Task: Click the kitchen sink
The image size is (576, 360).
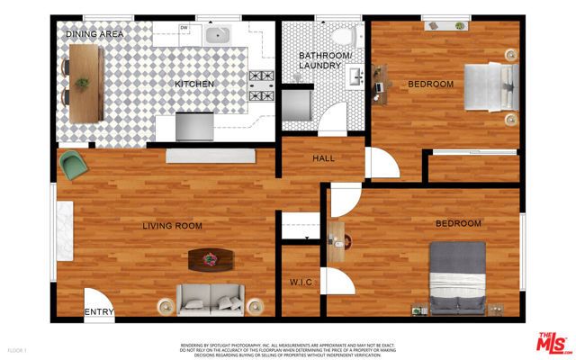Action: (x=216, y=35)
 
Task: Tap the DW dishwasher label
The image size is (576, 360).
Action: (x=184, y=28)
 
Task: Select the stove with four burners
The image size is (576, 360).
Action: (x=261, y=85)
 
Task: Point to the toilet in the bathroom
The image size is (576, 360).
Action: (x=340, y=35)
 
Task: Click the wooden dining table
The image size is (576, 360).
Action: (x=84, y=79)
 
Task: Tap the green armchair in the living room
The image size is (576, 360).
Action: (x=72, y=165)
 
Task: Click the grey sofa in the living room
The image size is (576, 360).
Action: (x=209, y=298)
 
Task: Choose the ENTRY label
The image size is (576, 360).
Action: (x=99, y=312)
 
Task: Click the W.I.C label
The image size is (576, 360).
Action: (x=301, y=283)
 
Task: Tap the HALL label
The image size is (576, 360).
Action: (x=323, y=158)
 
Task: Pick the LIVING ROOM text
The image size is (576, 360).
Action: (x=172, y=226)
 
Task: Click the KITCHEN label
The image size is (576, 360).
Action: (x=193, y=84)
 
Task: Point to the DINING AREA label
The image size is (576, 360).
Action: (x=96, y=33)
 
